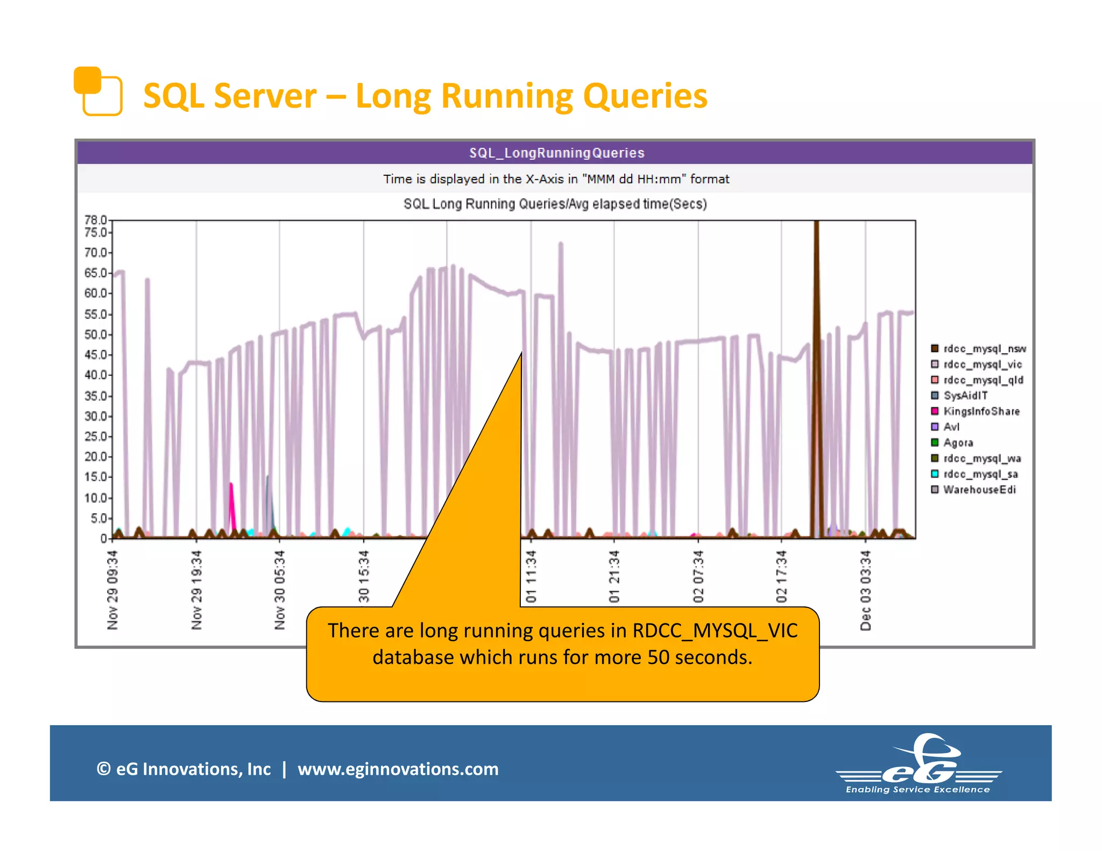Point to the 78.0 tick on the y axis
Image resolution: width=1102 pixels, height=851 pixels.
[x=95, y=219]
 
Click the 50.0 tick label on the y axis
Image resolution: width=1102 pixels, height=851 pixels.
[x=95, y=335]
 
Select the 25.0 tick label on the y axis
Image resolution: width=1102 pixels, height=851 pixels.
[x=95, y=436]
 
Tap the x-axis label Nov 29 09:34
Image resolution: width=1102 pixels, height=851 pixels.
[x=112, y=590]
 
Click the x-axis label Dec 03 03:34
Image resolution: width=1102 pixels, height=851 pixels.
[x=865, y=590]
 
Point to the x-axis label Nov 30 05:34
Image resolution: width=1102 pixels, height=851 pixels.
[x=280, y=590]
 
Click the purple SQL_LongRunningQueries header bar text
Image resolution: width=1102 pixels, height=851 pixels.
[x=556, y=153]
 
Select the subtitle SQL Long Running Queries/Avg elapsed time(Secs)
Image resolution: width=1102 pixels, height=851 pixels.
[x=555, y=204]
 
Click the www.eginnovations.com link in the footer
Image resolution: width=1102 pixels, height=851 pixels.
[x=398, y=769]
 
